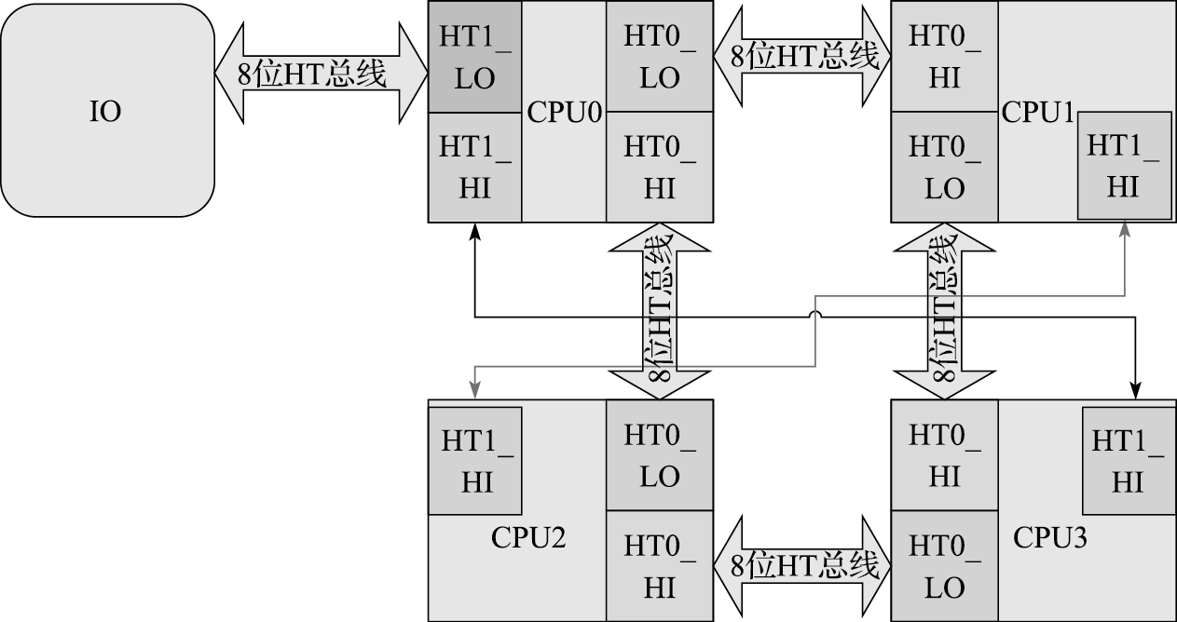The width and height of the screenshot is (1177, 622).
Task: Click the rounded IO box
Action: pos(106,111)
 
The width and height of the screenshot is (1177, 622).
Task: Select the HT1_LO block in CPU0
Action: pos(474,58)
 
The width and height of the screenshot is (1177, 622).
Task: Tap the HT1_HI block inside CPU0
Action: pos(474,168)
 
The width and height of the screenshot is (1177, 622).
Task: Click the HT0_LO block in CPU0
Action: pos(659,58)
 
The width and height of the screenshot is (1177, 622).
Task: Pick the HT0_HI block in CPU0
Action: pos(659,168)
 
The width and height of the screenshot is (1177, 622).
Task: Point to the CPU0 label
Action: pos(564,113)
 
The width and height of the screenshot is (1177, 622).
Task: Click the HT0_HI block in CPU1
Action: pos(944,58)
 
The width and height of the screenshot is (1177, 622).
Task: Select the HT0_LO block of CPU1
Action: pos(944,168)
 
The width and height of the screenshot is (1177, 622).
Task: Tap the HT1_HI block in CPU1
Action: pos(1124,166)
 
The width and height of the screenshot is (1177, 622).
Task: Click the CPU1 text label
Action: pos(1038,113)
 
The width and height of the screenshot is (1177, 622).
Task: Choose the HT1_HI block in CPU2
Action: pos(474,461)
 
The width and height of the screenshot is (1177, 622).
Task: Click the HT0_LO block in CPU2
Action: pos(659,455)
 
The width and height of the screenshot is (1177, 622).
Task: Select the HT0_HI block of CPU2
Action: pos(659,566)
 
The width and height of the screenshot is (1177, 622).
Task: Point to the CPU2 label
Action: pos(528,538)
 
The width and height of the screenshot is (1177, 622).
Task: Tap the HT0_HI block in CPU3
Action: pos(944,455)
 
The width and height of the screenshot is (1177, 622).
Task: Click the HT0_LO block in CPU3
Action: pos(944,566)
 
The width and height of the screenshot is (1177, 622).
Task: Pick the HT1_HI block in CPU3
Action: pos(1128,461)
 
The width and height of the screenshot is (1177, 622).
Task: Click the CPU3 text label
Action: pos(1050,538)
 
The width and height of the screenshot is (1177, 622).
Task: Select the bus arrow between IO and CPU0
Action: pos(321,74)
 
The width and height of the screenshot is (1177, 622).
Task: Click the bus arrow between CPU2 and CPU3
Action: pos(802,566)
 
